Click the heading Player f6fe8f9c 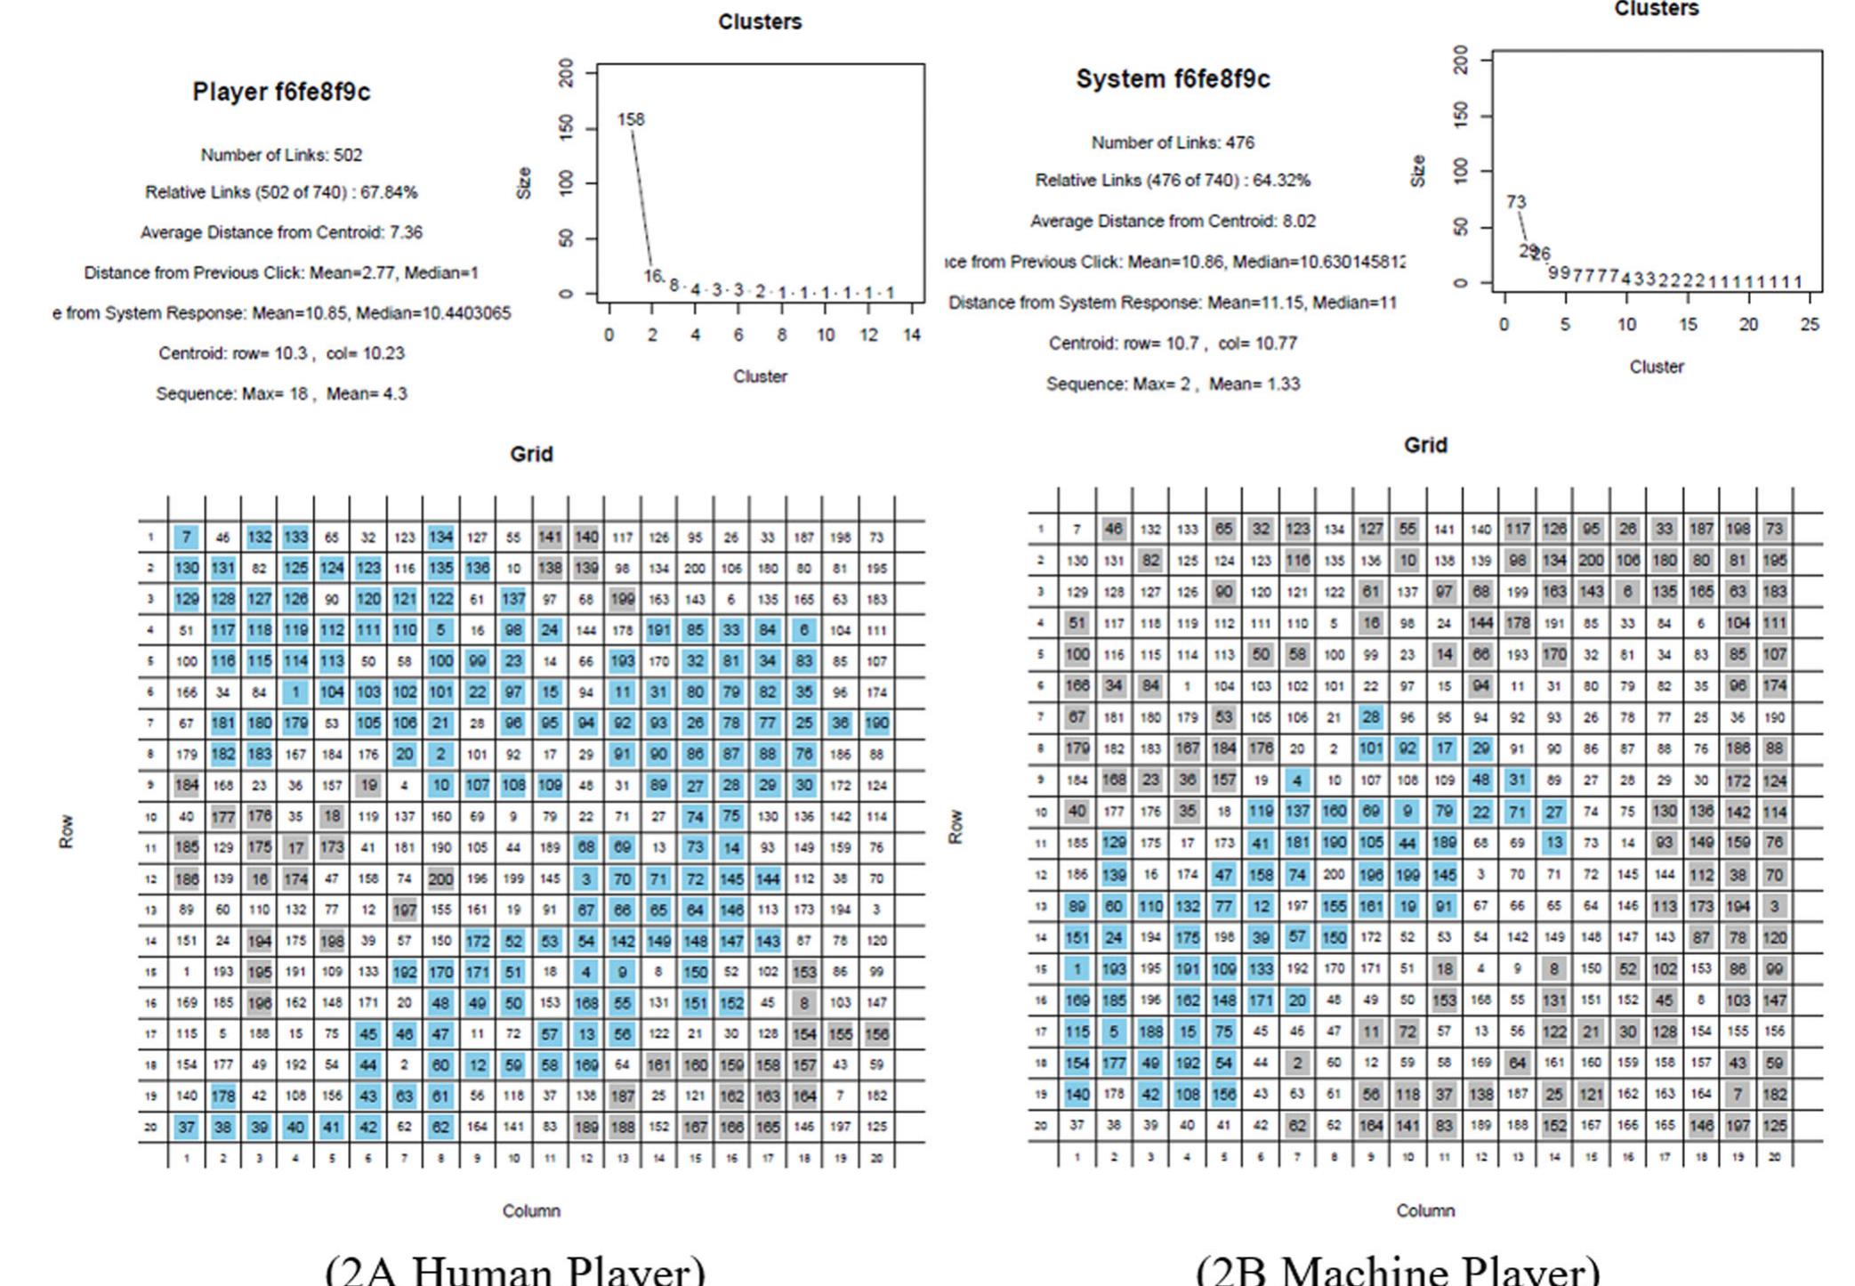pyautogui.click(x=281, y=92)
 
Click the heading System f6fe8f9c pyautogui.click(x=1173, y=79)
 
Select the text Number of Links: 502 pyautogui.click(x=281, y=155)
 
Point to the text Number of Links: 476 pyautogui.click(x=1173, y=142)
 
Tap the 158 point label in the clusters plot pyautogui.click(x=631, y=119)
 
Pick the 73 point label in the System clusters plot pyautogui.click(x=1516, y=202)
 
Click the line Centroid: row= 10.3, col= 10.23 pyautogui.click(x=281, y=353)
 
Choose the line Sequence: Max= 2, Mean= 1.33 pyautogui.click(x=1173, y=384)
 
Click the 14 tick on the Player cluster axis pyautogui.click(x=912, y=335)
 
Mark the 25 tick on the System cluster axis pyautogui.click(x=1810, y=325)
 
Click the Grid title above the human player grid pyautogui.click(x=531, y=454)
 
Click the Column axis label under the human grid pyautogui.click(x=531, y=1210)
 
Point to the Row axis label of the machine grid pyautogui.click(x=956, y=827)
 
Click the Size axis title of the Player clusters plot pyautogui.click(x=524, y=182)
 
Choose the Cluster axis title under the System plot pyautogui.click(x=1656, y=367)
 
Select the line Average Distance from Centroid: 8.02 pyautogui.click(x=1173, y=221)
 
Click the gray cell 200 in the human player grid pyautogui.click(x=440, y=879)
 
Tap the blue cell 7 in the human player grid pyautogui.click(x=186, y=538)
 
